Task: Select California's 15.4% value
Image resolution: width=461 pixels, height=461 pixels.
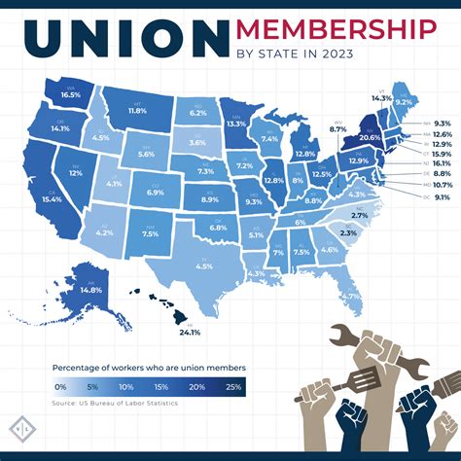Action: [52, 198]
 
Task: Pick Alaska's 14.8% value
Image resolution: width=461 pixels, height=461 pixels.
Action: [90, 290]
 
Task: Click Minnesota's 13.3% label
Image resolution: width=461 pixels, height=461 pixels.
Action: [235, 124]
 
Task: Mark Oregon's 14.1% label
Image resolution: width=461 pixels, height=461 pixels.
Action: [60, 127]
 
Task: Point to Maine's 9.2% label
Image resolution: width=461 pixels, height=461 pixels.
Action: [403, 100]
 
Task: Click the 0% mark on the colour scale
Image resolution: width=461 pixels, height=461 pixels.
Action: [60, 386]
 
